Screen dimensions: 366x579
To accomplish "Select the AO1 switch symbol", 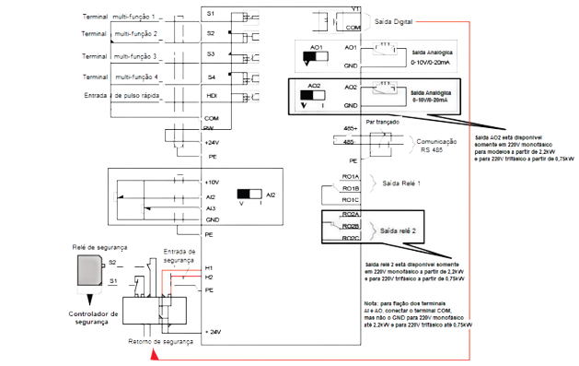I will pyautogui.click(x=317, y=56).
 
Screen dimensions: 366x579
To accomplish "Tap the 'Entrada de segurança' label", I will pyautogui.click(x=179, y=254).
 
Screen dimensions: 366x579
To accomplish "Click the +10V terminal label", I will pyautogui.click(x=211, y=183).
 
